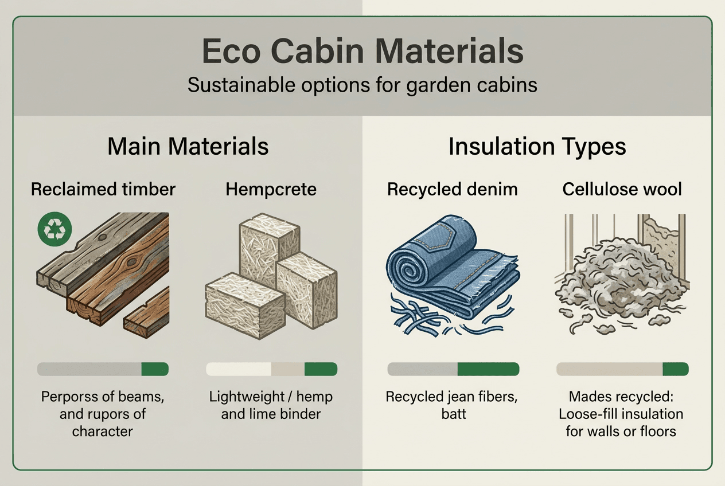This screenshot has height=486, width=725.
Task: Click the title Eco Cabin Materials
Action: click(x=362, y=52)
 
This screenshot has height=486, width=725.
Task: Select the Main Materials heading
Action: click(x=188, y=147)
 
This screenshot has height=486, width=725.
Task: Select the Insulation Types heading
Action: click(x=537, y=147)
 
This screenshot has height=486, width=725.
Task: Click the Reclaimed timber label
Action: click(x=103, y=189)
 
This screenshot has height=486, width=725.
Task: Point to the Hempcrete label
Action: click(x=271, y=189)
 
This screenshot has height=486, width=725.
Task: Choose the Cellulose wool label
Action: click(x=622, y=189)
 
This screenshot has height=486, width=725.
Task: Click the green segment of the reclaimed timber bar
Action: click(x=155, y=369)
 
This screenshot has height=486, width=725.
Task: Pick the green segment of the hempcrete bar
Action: click(x=321, y=369)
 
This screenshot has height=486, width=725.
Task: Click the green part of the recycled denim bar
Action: click(x=488, y=369)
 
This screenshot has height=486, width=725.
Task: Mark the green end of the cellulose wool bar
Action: click(x=675, y=369)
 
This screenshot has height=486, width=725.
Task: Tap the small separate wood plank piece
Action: click(x=147, y=309)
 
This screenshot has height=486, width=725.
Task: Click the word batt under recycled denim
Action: click(x=454, y=413)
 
